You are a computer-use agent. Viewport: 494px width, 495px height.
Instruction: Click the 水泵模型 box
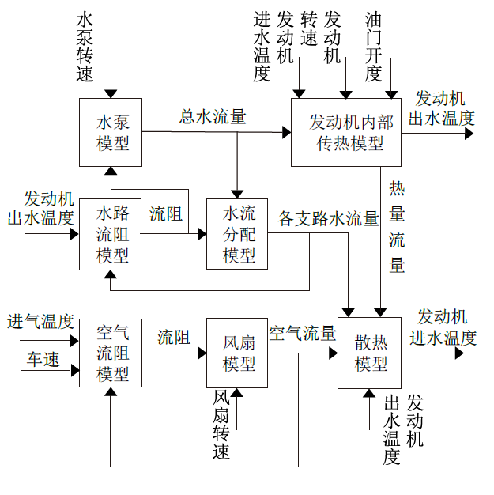point(111,132)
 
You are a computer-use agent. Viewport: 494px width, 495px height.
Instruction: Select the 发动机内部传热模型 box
point(347,132)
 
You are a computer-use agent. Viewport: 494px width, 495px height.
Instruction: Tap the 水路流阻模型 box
point(111,234)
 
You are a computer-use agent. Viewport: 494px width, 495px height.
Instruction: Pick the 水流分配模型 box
point(237,234)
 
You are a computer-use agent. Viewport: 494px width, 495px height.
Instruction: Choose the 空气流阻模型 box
point(111,353)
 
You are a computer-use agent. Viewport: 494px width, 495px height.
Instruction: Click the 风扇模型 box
point(237,353)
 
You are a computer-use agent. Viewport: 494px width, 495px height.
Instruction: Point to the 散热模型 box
point(370,353)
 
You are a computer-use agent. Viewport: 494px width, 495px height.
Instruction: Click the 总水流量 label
point(213,117)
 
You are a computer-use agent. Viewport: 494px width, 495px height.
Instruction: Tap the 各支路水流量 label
point(329,219)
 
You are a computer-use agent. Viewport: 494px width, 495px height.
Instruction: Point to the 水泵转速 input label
point(85,47)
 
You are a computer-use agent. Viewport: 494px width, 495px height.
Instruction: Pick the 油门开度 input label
point(374,47)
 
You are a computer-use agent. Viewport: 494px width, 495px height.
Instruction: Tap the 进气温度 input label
point(41,321)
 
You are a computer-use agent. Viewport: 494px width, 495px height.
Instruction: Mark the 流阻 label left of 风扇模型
point(174,337)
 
